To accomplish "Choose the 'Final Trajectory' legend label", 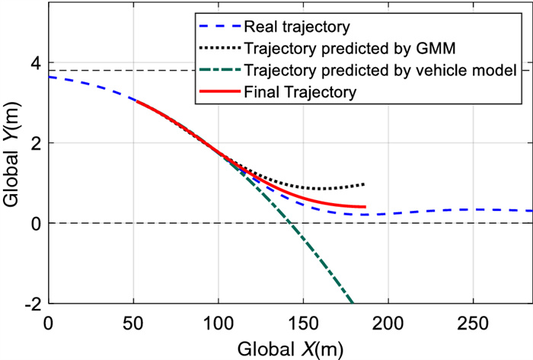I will pos(301,93).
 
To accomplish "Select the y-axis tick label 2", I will pos(34,143).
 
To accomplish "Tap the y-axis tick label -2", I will pos(31,304).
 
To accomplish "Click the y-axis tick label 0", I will pos(34,223).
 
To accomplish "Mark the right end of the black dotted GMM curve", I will pos(365,184).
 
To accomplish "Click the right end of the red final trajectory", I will pos(365,207).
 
